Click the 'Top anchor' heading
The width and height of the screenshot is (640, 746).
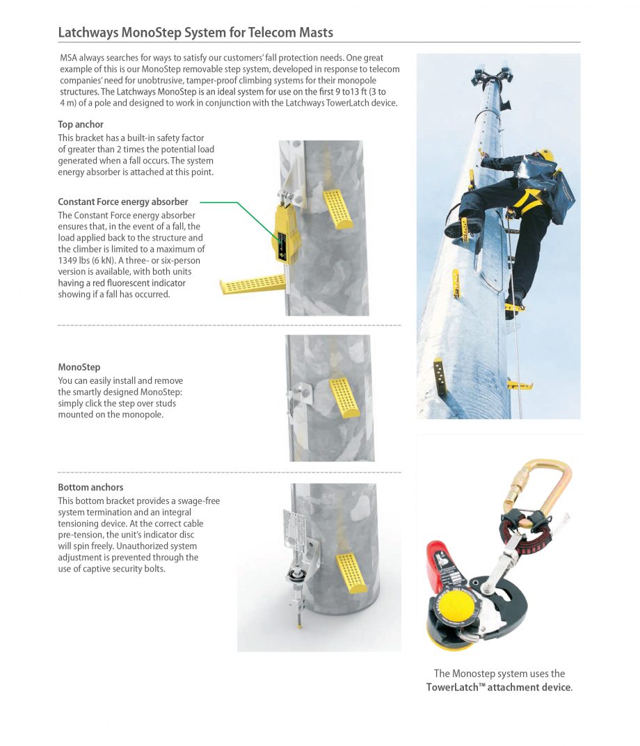[81, 124]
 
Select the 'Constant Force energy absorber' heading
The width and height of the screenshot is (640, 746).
[122, 202]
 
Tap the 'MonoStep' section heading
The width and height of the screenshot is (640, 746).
[79, 366]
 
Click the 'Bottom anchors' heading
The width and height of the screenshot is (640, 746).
[90, 487]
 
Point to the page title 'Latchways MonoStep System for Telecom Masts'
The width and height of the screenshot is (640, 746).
[195, 33]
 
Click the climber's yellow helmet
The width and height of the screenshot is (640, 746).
[546, 155]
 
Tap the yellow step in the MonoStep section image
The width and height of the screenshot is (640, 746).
[344, 397]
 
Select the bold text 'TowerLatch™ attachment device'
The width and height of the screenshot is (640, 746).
[499, 688]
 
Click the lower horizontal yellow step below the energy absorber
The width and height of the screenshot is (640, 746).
[253, 284]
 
